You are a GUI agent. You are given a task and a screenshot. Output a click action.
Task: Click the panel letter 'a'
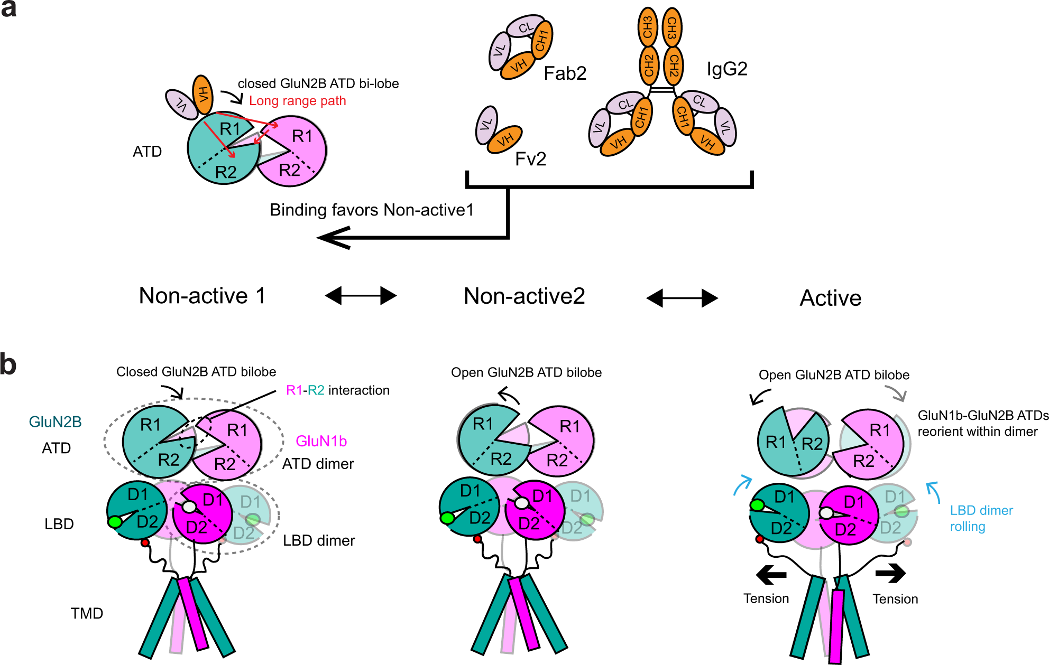pos(8,9)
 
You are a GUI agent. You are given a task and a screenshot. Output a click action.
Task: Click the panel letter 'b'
pos(8,364)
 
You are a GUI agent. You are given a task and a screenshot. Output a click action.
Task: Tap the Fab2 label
pos(565,73)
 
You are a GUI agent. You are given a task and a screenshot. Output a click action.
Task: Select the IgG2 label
pos(727,69)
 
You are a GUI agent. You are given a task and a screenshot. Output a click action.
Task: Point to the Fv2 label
pos(530,159)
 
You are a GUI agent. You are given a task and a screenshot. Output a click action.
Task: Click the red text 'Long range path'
pos(297,101)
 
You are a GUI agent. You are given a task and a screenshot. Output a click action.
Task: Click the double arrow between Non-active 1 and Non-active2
pos(361,296)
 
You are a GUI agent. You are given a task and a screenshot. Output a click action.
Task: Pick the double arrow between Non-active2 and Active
pos(682,298)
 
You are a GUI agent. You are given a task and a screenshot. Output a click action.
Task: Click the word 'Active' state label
pos(830,298)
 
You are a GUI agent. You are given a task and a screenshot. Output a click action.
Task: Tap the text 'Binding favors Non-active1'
pos(371,210)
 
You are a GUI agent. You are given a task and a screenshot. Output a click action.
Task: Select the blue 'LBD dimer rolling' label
pos(981,518)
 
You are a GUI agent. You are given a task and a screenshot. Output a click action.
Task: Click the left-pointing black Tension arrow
pos(771,575)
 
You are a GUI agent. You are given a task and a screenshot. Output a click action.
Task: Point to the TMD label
pos(87,613)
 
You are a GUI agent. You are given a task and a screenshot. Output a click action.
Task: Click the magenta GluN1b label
pos(321,441)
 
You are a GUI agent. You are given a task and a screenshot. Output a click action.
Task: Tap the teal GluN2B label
pos(55,422)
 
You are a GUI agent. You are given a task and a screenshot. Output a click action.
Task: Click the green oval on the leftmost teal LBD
pos(115,522)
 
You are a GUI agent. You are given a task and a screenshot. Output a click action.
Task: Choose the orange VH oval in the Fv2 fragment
pos(504,140)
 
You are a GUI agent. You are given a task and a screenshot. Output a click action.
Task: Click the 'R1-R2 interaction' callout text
pos(337,390)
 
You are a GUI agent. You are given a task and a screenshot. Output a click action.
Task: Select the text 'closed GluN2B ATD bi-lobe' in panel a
pos(318,84)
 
